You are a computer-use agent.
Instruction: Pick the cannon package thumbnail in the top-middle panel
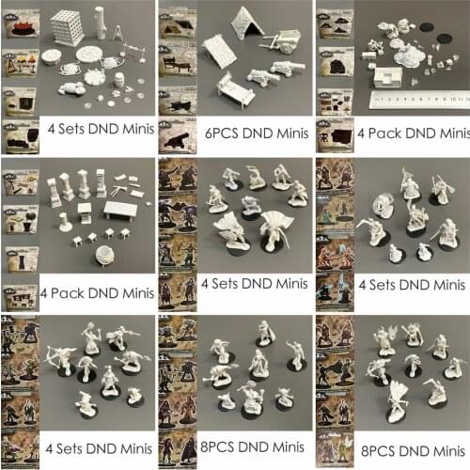177,140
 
